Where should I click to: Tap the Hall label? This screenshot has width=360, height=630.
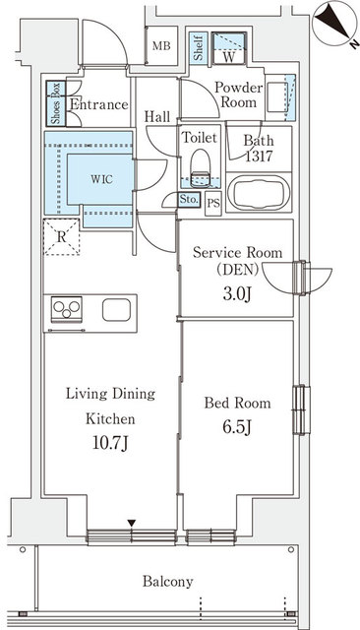pos(157,116)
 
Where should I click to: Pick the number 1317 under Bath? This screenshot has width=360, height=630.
pos(259,156)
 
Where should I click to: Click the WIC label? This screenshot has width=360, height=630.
pos(100,180)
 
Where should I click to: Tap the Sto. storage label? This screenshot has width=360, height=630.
pos(189,200)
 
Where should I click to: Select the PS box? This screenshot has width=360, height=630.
pos(213,202)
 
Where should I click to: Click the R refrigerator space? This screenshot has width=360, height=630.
pos(61,236)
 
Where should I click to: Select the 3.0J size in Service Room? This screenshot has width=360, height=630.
pos(237,291)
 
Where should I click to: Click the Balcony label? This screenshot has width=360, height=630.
pos(166,582)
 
